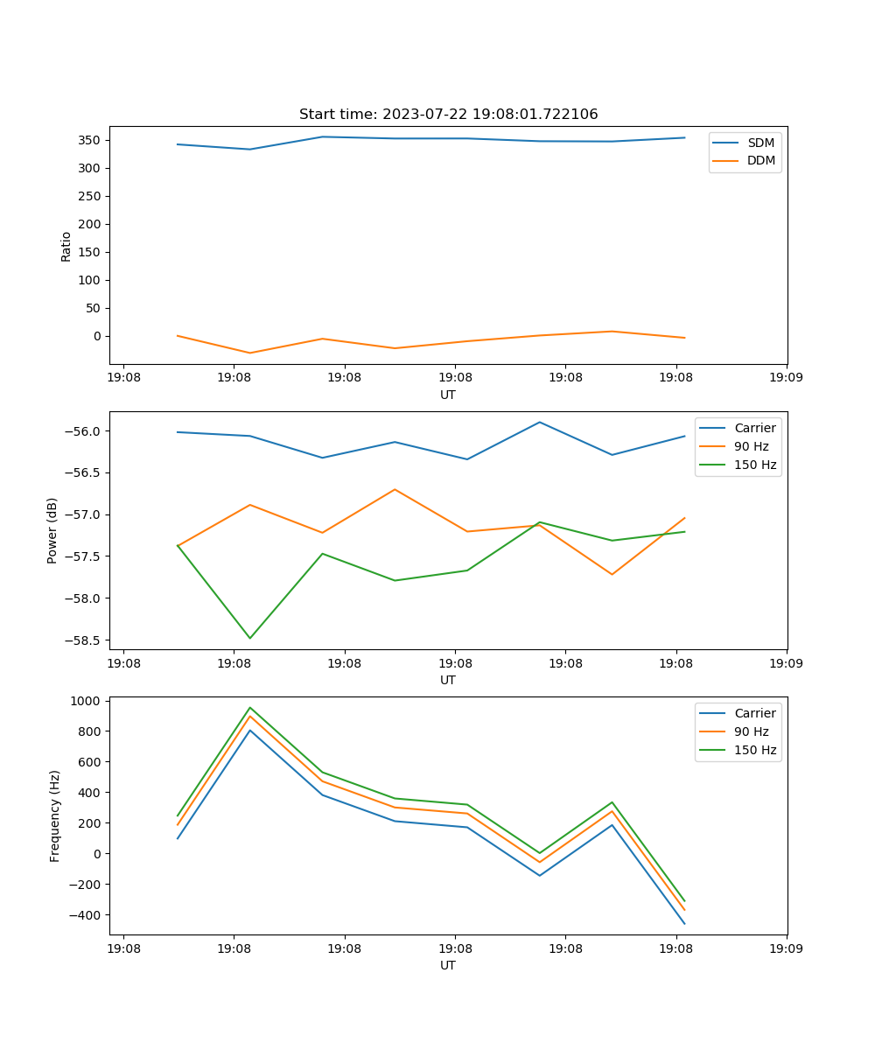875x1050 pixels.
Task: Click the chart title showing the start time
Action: [x=448, y=115]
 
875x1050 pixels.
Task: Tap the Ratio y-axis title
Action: [x=66, y=246]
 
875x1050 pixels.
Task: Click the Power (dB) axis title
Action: [x=52, y=530]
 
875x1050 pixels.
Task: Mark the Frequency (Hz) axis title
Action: [x=55, y=815]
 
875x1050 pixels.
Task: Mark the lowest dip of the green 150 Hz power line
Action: [x=250, y=638]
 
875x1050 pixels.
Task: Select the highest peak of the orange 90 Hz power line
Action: [x=395, y=489]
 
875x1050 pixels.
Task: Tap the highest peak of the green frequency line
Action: [x=250, y=708]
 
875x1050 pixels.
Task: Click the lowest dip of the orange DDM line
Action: [x=250, y=353]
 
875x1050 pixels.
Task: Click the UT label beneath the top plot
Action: [x=448, y=395]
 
